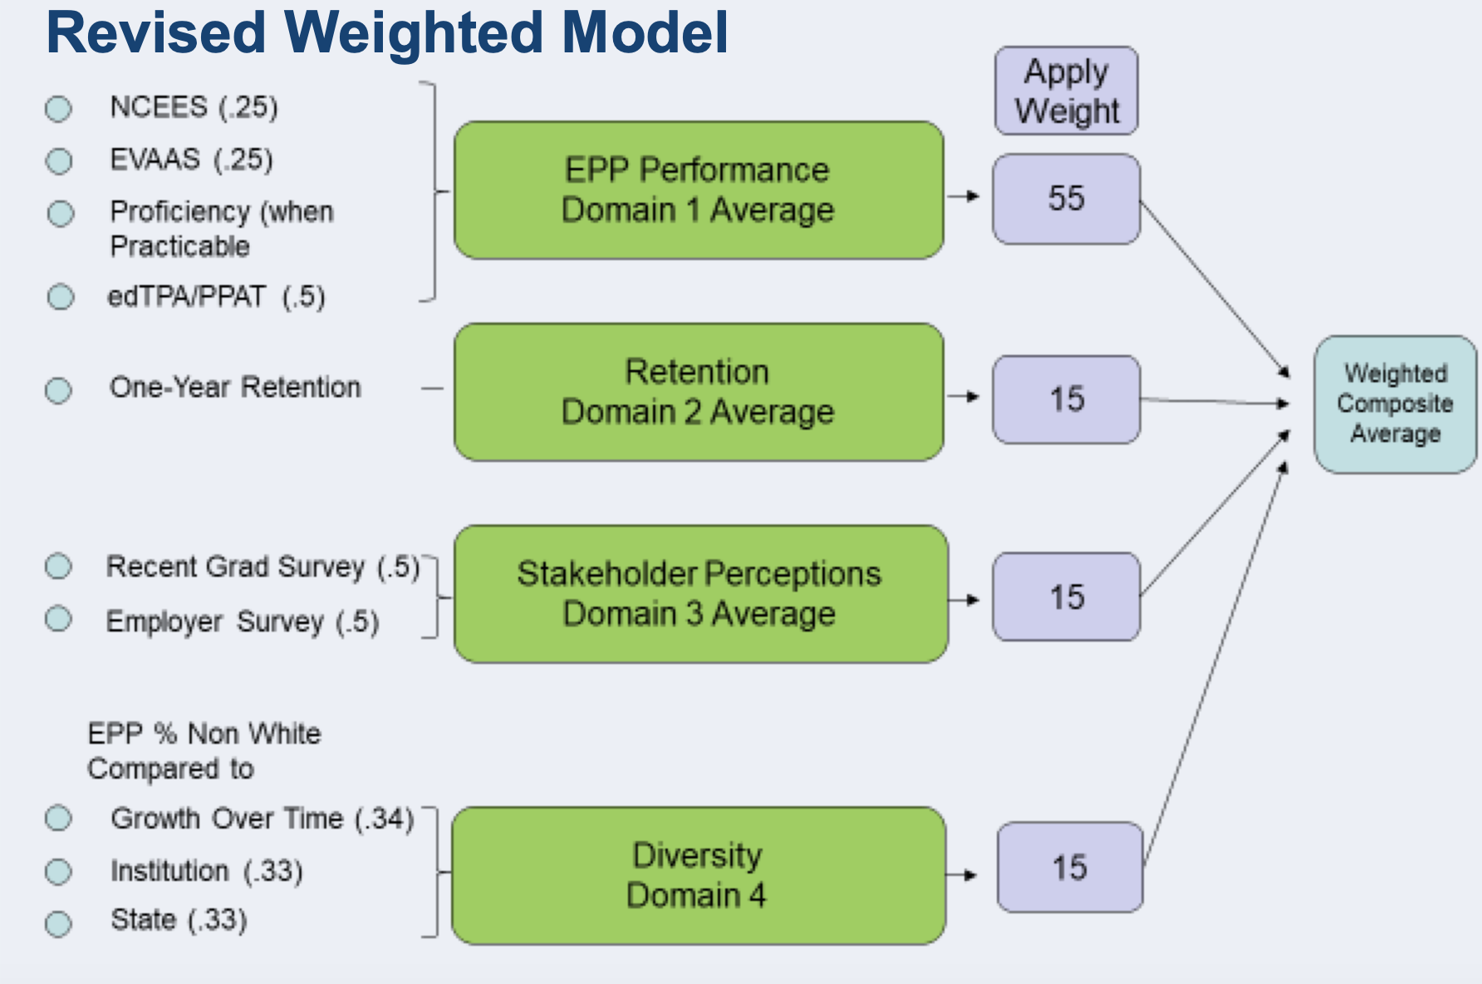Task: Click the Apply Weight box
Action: tap(1066, 91)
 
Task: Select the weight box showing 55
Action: tap(1066, 199)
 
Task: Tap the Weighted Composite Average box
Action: tap(1395, 404)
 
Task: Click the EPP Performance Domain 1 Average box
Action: tap(698, 190)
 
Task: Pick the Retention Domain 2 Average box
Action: tap(698, 392)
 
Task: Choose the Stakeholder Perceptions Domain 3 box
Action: tap(699, 593)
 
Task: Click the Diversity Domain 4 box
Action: tap(698, 875)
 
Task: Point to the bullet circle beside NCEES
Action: tap(58, 109)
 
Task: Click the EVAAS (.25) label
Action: tap(191, 159)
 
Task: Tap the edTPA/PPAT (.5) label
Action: tap(216, 297)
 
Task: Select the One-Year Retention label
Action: tap(235, 387)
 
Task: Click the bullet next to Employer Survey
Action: tap(58, 618)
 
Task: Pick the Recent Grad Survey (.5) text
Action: tap(263, 567)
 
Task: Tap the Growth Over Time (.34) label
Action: tap(262, 819)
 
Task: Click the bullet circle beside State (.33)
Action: tap(58, 923)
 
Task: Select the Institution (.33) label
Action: tap(206, 871)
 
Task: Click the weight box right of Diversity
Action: tap(1069, 868)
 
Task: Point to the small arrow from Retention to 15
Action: tap(964, 396)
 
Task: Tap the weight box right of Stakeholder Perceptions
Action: tap(1066, 597)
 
